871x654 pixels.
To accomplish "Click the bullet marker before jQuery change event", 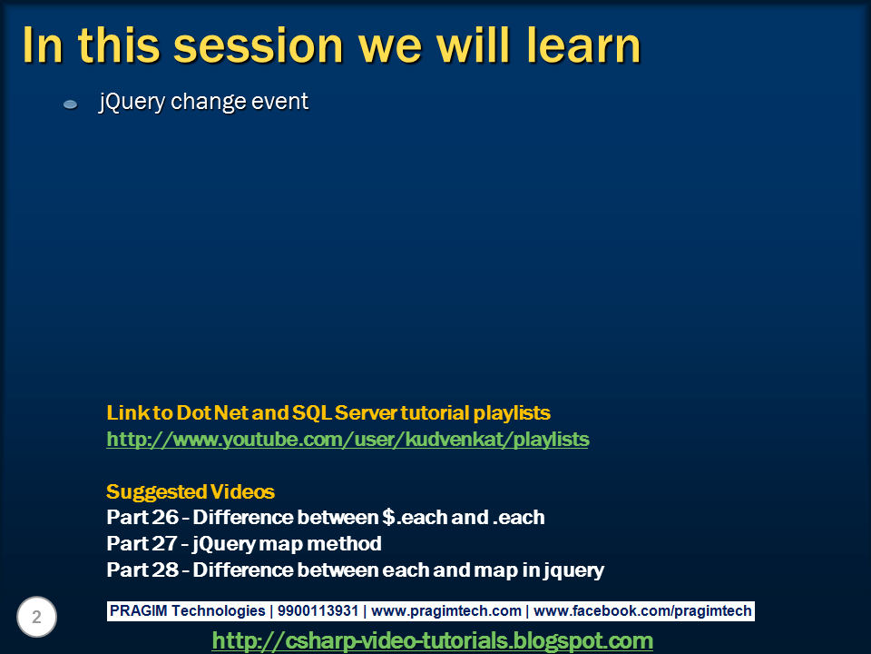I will point(70,105).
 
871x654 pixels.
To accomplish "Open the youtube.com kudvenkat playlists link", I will point(347,440).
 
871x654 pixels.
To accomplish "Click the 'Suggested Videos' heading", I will point(191,492).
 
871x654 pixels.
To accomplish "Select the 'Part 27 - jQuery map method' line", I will point(243,545).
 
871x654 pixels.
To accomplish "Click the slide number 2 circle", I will point(37,618).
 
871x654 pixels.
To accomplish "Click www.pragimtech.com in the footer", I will point(446,611).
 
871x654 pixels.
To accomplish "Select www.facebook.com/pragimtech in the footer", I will point(643,611).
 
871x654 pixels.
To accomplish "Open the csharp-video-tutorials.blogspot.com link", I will point(432,641).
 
